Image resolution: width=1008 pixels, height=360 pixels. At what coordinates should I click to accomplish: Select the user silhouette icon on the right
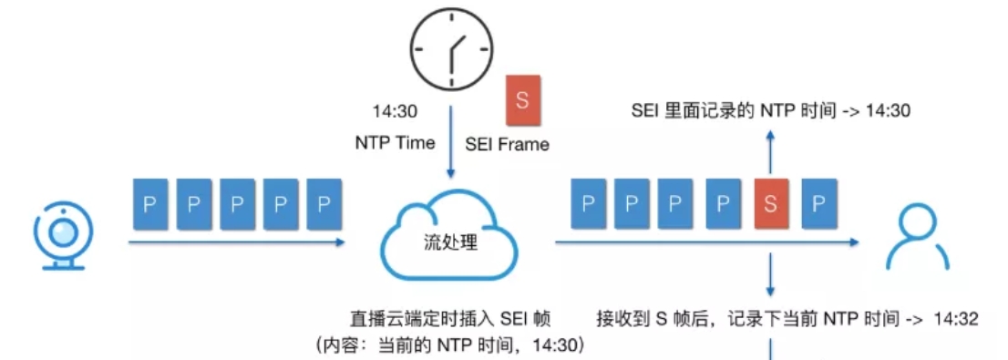point(913,236)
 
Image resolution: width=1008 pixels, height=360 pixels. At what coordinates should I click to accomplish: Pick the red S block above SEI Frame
point(522,101)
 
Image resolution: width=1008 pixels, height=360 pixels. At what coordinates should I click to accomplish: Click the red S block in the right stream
point(771,202)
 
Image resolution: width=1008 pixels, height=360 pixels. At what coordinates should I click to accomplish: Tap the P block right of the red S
point(818,202)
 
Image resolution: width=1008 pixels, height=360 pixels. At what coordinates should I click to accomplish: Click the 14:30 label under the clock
point(395,112)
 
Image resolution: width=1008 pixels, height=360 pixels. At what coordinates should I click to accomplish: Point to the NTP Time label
point(395,143)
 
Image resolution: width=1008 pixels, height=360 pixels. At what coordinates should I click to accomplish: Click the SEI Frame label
point(507,144)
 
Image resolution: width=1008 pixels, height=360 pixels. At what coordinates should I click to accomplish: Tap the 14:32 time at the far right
point(953,319)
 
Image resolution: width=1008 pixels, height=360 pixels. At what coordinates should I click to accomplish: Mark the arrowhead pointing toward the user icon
point(854,242)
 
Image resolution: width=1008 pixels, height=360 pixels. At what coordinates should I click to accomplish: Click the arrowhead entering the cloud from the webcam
point(339,242)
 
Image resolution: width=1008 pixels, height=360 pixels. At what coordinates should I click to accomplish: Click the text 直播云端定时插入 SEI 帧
point(450,319)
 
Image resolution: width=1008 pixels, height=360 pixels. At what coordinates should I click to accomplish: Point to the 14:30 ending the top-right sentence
point(889,111)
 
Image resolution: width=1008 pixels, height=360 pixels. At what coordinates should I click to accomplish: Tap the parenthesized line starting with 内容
point(450,345)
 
